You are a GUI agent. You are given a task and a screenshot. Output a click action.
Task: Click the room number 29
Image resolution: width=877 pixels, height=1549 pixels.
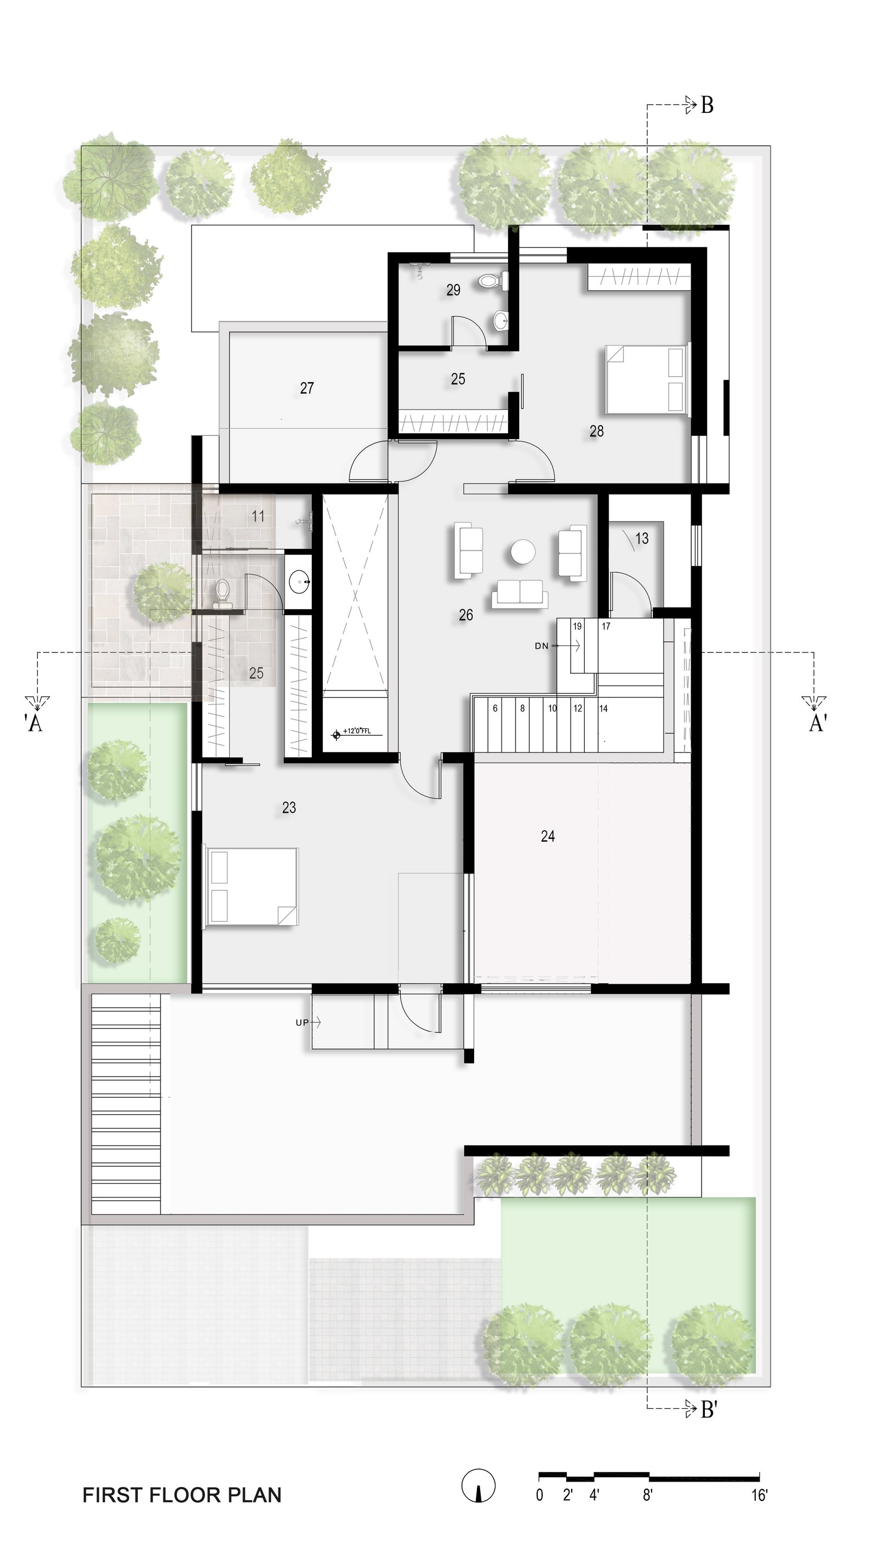click(x=453, y=290)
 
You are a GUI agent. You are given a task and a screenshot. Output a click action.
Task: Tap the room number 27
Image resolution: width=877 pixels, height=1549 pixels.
click(x=306, y=388)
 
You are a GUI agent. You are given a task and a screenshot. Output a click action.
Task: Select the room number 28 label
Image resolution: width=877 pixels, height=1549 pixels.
click(x=596, y=431)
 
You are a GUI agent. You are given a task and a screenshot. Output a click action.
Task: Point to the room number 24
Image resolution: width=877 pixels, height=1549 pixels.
click(x=548, y=836)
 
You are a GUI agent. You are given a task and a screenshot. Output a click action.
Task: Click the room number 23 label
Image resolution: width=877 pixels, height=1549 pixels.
click(x=289, y=807)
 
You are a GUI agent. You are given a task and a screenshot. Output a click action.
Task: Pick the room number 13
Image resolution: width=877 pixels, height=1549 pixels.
click(x=641, y=538)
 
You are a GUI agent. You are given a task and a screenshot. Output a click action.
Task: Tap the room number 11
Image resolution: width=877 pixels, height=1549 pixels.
click(x=258, y=516)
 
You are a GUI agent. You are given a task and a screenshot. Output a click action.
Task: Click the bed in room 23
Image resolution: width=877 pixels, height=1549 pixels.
click(x=252, y=886)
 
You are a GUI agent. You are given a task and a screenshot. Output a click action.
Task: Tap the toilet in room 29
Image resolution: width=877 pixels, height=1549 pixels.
click(x=489, y=281)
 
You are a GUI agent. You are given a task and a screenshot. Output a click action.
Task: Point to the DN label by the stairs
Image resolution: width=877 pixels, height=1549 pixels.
click(x=542, y=646)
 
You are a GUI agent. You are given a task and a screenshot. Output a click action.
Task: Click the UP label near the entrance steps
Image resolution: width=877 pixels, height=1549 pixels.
click(x=302, y=1023)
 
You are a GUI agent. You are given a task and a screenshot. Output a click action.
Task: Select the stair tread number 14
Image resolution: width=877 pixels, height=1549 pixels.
click(x=603, y=708)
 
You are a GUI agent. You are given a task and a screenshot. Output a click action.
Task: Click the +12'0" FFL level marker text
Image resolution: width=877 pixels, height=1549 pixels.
click(x=357, y=731)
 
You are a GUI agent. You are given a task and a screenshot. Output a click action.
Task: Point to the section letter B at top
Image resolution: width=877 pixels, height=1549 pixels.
click(x=707, y=105)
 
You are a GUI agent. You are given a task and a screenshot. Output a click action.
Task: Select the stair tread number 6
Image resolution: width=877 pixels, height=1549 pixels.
click(x=495, y=708)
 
